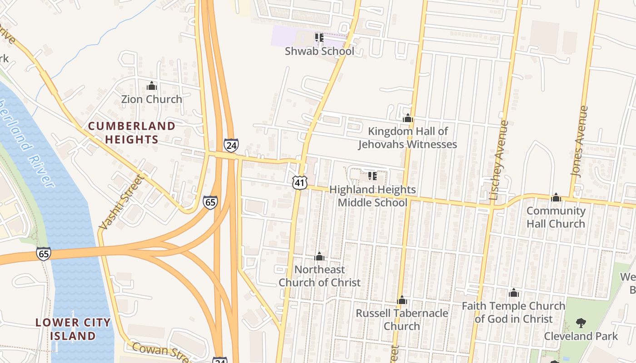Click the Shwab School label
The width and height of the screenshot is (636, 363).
(319, 51)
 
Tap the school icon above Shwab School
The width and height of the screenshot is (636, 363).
(319, 37)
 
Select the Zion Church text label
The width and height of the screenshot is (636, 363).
(151, 99)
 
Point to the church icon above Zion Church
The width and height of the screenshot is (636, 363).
(152, 86)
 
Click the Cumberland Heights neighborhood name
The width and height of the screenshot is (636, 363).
(131, 132)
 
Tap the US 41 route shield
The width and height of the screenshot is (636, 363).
(299, 183)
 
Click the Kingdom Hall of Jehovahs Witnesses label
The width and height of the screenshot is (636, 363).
(407, 137)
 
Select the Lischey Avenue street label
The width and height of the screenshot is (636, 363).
(499, 160)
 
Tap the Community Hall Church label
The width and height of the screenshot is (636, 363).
(556, 217)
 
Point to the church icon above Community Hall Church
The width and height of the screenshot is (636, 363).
(556, 197)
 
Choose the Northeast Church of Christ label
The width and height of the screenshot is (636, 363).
(319, 276)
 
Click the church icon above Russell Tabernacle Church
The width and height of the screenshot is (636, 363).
(402, 300)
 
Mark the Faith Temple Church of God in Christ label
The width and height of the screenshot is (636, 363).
(513, 312)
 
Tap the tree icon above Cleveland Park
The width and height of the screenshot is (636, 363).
(581, 323)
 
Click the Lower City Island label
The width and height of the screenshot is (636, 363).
(73, 329)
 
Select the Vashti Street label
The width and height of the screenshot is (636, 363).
(121, 201)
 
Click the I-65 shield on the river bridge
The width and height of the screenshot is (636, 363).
(44, 254)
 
